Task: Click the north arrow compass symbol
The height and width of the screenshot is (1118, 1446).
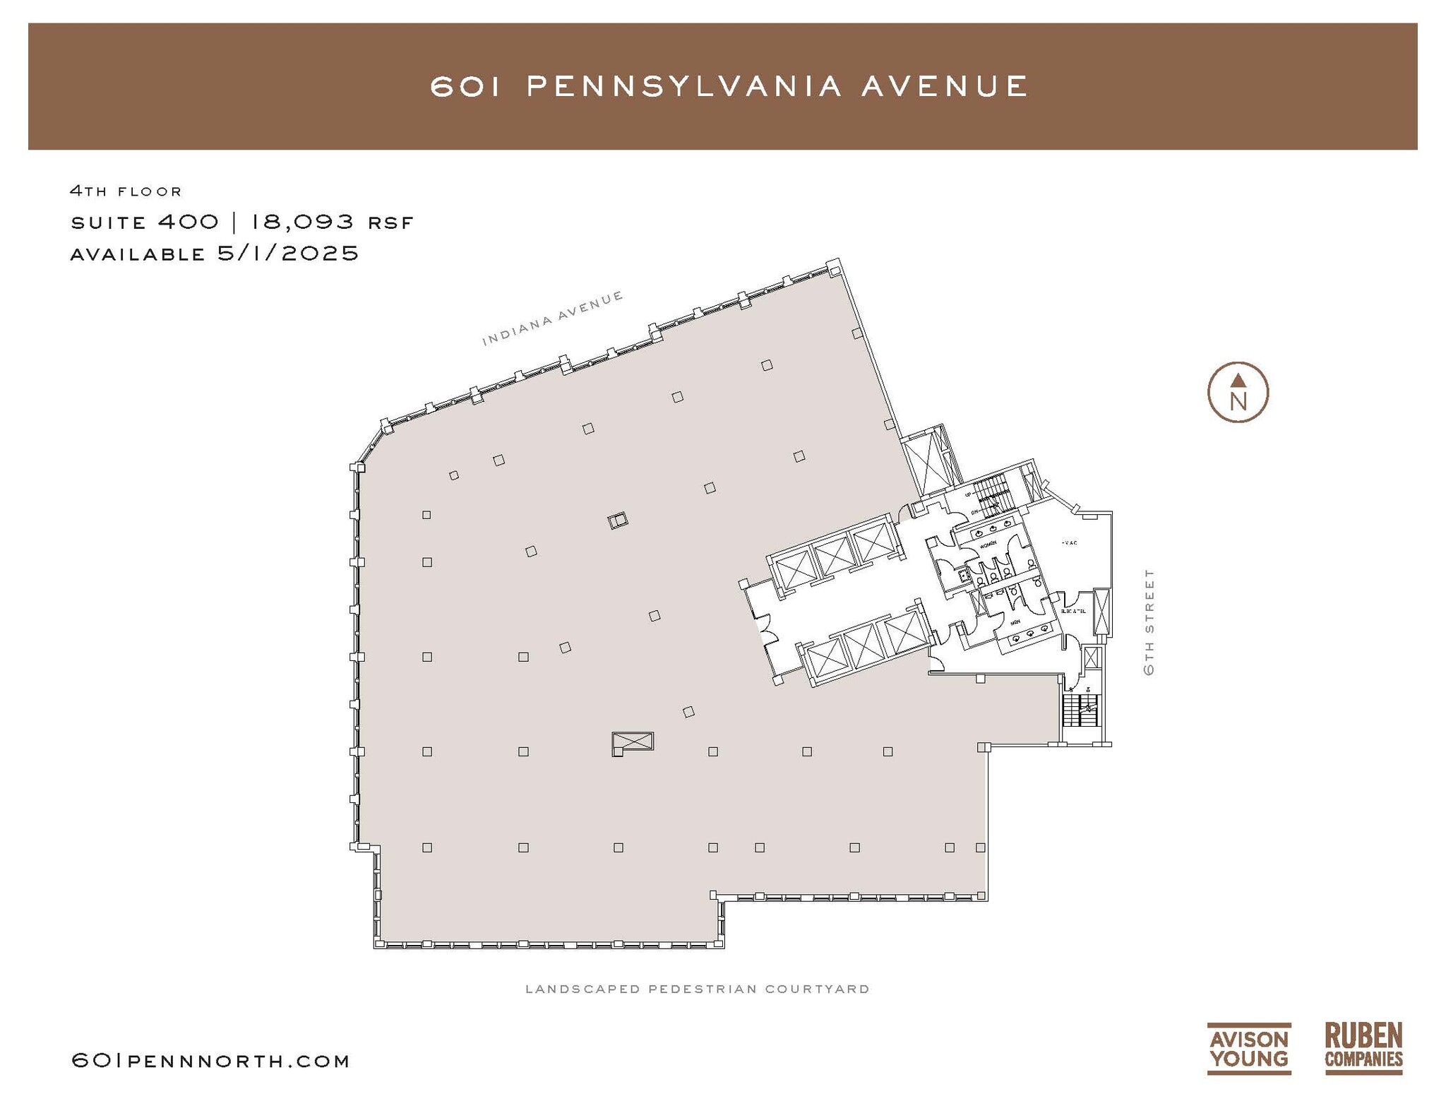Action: pyautogui.click(x=1237, y=393)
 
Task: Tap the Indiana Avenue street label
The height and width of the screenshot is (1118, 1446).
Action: pyautogui.click(x=552, y=318)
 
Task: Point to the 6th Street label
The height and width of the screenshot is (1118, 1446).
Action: pyautogui.click(x=1149, y=622)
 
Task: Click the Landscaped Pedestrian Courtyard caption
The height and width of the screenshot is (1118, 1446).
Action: pyautogui.click(x=697, y=989)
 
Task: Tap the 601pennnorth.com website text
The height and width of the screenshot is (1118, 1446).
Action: pyautogui.click(x=210, y=1061)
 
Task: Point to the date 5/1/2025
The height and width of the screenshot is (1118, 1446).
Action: pyautogui.click(x=288, y=253)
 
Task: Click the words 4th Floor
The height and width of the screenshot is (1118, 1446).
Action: pyautogui.click(x=126, y=191)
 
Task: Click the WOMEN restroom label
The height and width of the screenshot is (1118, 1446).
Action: pyautogui.click(x=988, y=544)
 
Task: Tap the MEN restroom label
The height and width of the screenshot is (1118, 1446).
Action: pyautogui.click(x=1015, y=622)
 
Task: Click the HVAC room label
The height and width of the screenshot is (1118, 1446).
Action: pyautogui.click(x=1069, y=542)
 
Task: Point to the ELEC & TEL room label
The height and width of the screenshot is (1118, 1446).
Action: pyautogui.click(x=1072, y=611)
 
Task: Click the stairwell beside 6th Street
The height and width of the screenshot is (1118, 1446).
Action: pyautogui.click(x=1080, y=710)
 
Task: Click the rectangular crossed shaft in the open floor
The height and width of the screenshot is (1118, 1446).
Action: pyautogui.click(x=633, y=742)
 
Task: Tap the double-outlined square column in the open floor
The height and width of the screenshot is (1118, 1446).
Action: pyautogui.click(x=617, y=521)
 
